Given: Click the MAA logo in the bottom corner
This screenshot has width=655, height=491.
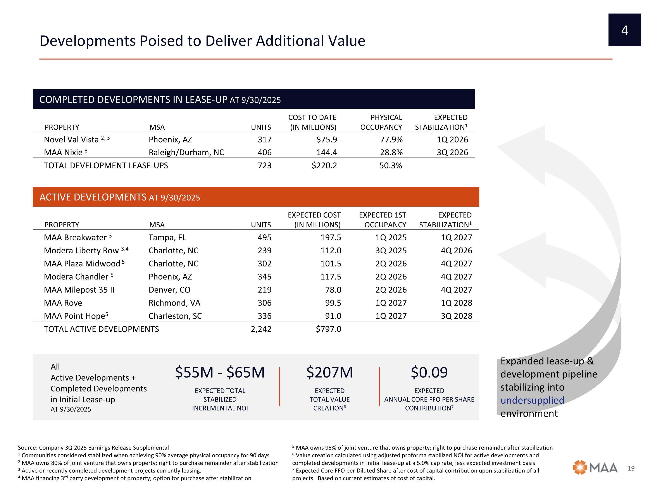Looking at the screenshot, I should (x=595, y=468).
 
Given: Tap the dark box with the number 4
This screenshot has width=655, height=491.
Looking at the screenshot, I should (x=624, y=30).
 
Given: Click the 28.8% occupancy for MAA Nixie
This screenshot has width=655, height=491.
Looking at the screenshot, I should (x=391, y=152).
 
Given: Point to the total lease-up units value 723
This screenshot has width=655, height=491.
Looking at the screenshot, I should (x=264, y=165).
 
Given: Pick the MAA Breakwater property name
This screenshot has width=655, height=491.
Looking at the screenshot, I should (x=75, y=237).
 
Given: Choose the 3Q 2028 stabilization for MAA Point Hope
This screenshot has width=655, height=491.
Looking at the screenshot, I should (x=456, y=316).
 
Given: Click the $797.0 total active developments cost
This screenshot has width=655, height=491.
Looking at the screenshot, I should (x=328, y=329).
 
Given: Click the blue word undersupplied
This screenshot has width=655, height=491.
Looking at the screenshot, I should (x=532, y=400).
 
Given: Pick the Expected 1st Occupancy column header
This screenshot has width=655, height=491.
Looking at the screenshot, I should (x=383, y=220).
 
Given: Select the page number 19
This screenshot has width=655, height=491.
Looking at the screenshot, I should (x=631, y=468).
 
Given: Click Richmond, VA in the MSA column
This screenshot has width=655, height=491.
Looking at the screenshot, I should (x=174, y=303).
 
